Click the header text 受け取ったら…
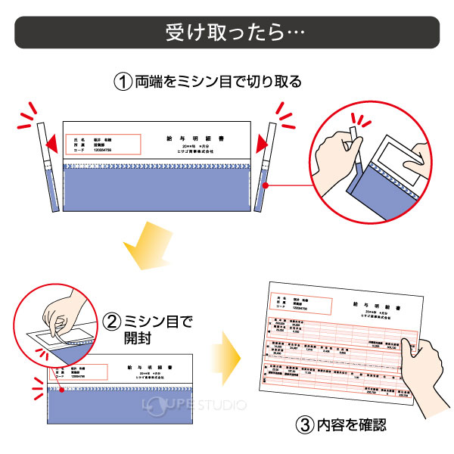point(226,33)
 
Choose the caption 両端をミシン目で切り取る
point(219,81)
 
